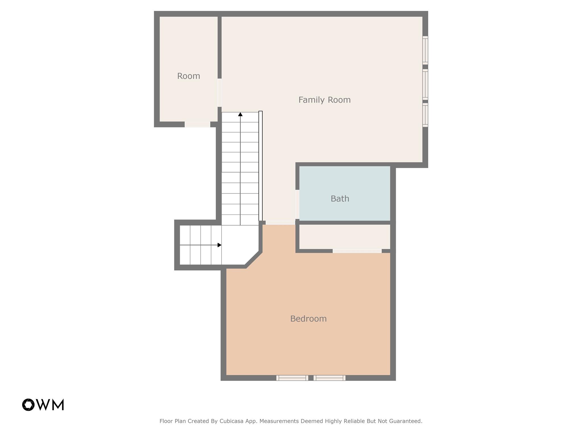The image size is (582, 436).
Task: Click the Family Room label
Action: click(x=324, y=100)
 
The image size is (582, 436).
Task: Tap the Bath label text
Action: click(x=340, y=199)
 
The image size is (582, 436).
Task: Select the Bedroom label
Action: click(x=308, y=319)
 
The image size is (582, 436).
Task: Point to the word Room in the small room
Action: click(x=189, y=76)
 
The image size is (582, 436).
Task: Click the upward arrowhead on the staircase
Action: click(x=240, y=114)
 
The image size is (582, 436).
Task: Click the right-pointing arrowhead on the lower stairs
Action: click(x=219, y=245)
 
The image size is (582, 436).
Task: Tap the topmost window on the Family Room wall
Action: click(x=425, y=50)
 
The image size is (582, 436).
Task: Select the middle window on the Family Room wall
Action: click(x=425, y=84)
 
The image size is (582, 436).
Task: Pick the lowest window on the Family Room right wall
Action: click(x=425, y=115)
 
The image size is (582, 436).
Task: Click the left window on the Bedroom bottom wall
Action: click(x=292, y=378)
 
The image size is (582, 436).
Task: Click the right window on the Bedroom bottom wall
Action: click(x=329, y=378)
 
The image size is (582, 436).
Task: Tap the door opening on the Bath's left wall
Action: click(x=297, y=204)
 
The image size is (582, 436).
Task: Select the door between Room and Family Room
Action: click(x=219, y=93)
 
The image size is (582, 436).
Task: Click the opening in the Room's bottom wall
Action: click(x=198, y=124)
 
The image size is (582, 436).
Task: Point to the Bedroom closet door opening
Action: click(x=357, y=251)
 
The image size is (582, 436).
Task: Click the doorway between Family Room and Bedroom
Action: click(x=280, y=223)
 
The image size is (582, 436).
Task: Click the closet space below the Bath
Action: click(x=344, y=237)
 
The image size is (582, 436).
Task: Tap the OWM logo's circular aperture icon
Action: click(x=28, y=405)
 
